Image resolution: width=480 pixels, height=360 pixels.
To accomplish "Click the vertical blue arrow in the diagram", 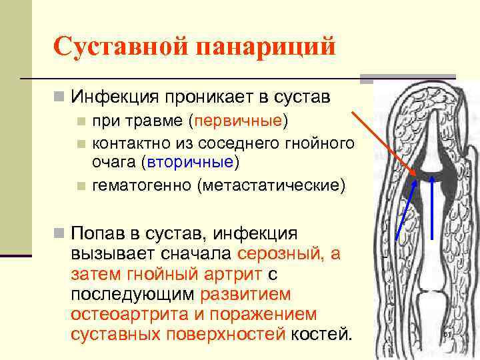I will [434, 207].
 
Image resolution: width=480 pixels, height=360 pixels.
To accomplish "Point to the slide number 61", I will [447, 334].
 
